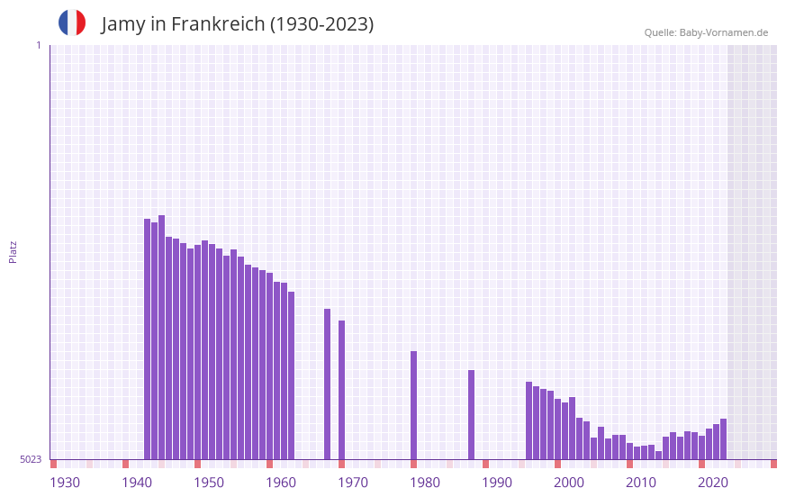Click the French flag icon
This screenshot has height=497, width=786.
click(x=72, y=23)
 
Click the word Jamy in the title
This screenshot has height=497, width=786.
click(x=122, y=24)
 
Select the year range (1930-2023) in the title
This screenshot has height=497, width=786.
click(x=321, y=24)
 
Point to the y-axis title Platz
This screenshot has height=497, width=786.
click(x=13, y=251)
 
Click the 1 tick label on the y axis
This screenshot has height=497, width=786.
click(x=38, y=45)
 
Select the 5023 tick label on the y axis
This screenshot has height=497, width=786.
click(x=32, y=459)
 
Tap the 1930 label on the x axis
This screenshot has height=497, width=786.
click(x=65, y=483)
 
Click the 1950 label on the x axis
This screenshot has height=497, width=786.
click(x=209, y=483)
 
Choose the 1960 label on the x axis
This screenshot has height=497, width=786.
click(x=281, y=483)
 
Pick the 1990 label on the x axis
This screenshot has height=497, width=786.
click(x=497, y=483)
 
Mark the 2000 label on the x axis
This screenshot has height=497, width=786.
click(x=569, y=483)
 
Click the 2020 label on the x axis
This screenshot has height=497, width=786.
click(x=713, y=483)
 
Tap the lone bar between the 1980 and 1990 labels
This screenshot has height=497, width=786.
click(x=471, y=414)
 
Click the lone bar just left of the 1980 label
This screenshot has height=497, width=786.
click(x=414, y=405)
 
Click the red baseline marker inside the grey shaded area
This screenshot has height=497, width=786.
click(x=773, y=464)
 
